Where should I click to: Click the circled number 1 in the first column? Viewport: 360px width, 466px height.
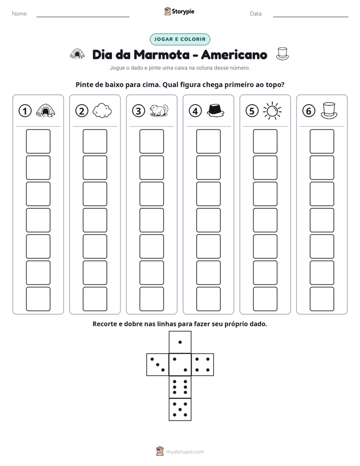(25, 111)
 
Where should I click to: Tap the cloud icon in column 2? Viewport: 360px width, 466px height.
(102, 110)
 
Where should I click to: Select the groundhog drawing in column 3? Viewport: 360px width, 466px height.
(159, 110)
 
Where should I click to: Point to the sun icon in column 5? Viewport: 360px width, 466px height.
(272, 111)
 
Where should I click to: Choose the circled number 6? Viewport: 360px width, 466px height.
(309, 111)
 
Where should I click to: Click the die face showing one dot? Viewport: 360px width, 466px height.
(180, 342)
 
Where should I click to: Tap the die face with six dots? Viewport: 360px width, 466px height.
(180, 387)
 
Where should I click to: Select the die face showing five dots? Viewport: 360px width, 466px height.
(180, 410)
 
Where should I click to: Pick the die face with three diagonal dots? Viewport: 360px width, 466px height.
(158, 365)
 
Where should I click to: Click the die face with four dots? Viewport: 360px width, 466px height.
(203, 365)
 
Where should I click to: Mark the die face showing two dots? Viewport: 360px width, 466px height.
(180, 365)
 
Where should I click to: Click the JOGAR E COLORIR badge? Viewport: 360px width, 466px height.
(180, 39)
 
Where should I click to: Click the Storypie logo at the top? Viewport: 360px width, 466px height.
(179, 11)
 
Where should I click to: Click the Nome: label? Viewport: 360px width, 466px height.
(20, 14)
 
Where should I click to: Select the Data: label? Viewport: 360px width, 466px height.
(256, 14)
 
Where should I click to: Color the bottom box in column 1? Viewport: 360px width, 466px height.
(38, 299)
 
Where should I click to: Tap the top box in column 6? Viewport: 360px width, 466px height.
(322, 141)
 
